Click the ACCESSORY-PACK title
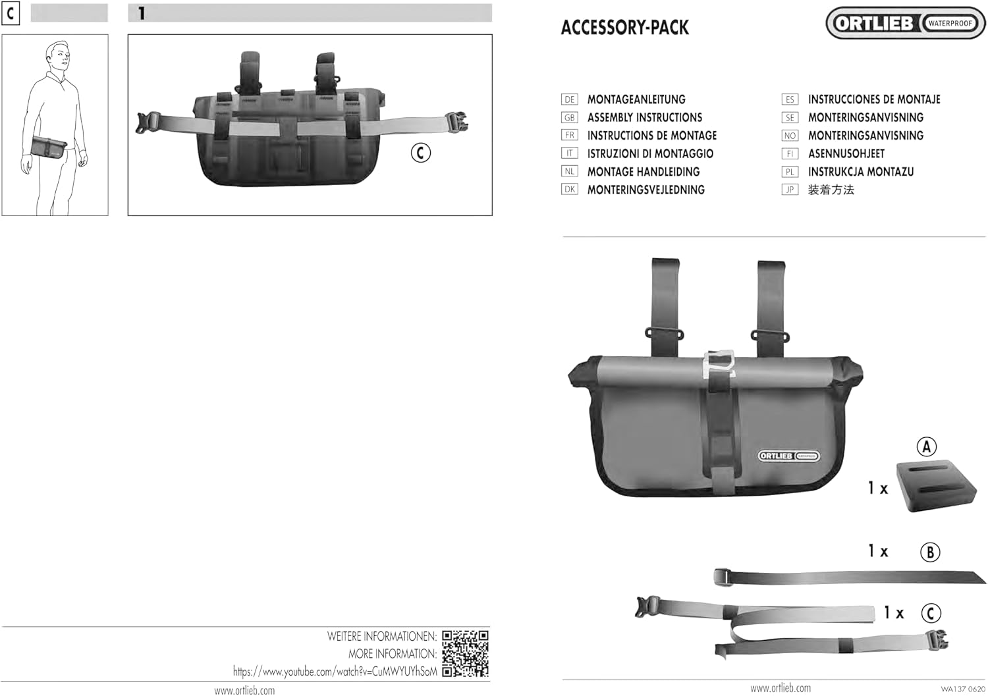click(x=624, y=28)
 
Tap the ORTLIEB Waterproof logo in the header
click(x=906, y=23)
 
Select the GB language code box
click(x=569, y=118)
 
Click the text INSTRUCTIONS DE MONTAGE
click(x=651, y=136)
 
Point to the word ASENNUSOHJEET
click(x=846, y=153)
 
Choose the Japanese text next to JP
click(x=831, y=190)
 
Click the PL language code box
click(x=790, y=172)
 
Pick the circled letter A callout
click(x=927, y=447)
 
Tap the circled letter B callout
click(x=929, y=552)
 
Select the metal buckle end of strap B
click(x=723, y=577)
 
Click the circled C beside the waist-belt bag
click(x=420, y=153)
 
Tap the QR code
click(x=465, y=653)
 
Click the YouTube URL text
click(x=335, y=672)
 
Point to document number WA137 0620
click(x=962, y=689)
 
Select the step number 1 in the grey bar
click(x=142, y=13)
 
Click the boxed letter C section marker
click(x=11, y=13)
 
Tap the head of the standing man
click(x=58, y=55)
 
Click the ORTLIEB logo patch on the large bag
click(x=788, y=456)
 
